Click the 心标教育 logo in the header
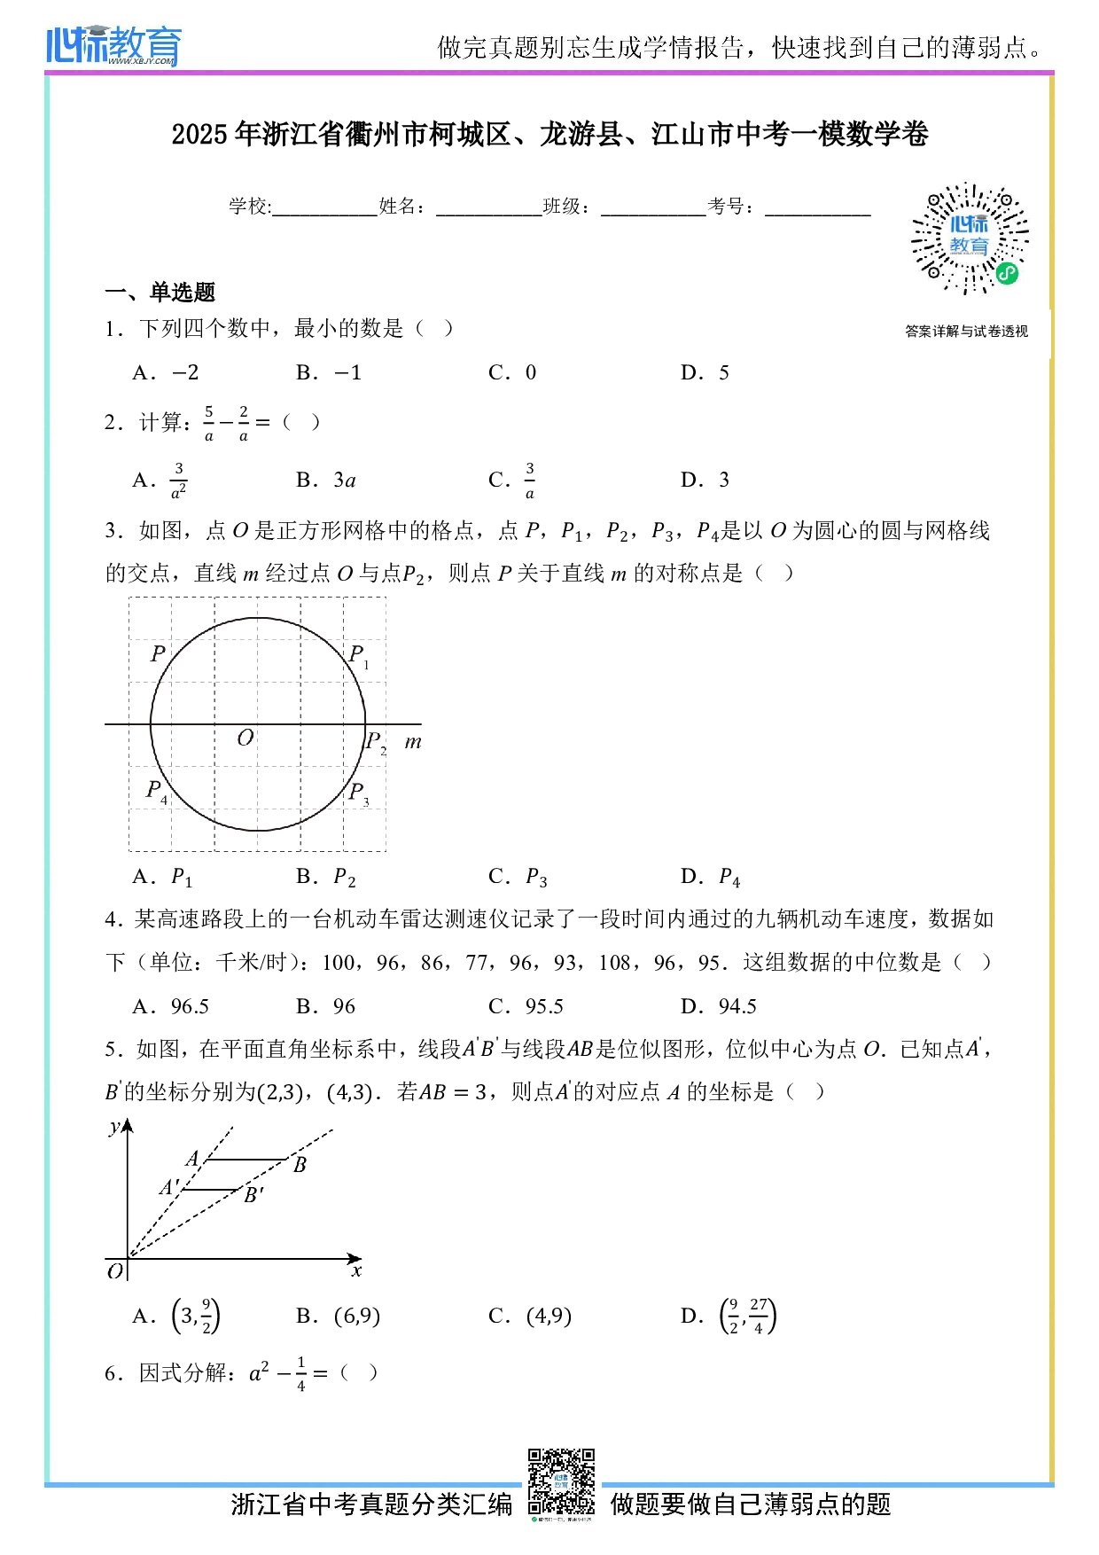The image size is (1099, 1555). pos(113,45)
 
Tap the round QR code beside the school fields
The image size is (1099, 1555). pos(970,238)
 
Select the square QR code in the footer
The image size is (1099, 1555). pos(561,1482)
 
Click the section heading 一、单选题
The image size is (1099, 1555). pos(160,292)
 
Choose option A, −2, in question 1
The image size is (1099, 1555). pos(166,372)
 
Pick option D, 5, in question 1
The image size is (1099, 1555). pos(705,372)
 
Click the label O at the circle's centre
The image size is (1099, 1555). pos(246,737)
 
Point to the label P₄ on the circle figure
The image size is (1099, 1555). pos(156,791)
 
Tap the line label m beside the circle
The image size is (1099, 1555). pos(413,742)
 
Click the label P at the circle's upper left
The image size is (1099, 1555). pos(158,653)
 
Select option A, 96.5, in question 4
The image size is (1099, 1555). pos(171,1006)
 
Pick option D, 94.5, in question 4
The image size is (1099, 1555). pos(719,1006)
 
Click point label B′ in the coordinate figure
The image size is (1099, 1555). pos(253,1195)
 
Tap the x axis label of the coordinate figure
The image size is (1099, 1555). pos(356,1270)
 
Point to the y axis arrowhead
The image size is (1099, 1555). pos(128,1125)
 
